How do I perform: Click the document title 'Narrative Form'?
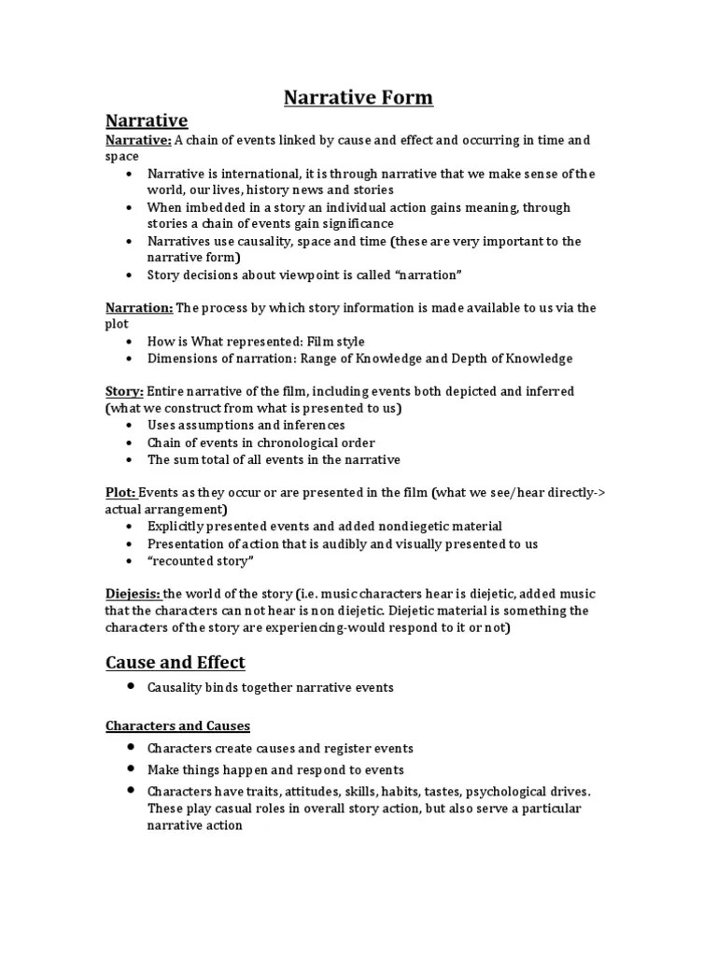(x=358, y=97)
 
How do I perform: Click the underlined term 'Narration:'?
(x=139, y=308)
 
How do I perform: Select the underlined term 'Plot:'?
(x=120, y=493)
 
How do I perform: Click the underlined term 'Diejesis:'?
(x=133, y=594)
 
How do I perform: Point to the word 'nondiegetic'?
(x=404, y=527)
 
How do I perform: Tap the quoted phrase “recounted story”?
(x=201, y=560)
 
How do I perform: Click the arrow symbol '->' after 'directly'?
(x=598, y=493)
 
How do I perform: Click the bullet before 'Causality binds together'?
(x=126, y=687)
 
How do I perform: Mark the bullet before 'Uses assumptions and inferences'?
(x=126, y=426)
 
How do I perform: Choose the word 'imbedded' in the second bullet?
(x=213, y=207)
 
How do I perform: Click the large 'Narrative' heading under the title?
(x=147, y=120)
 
